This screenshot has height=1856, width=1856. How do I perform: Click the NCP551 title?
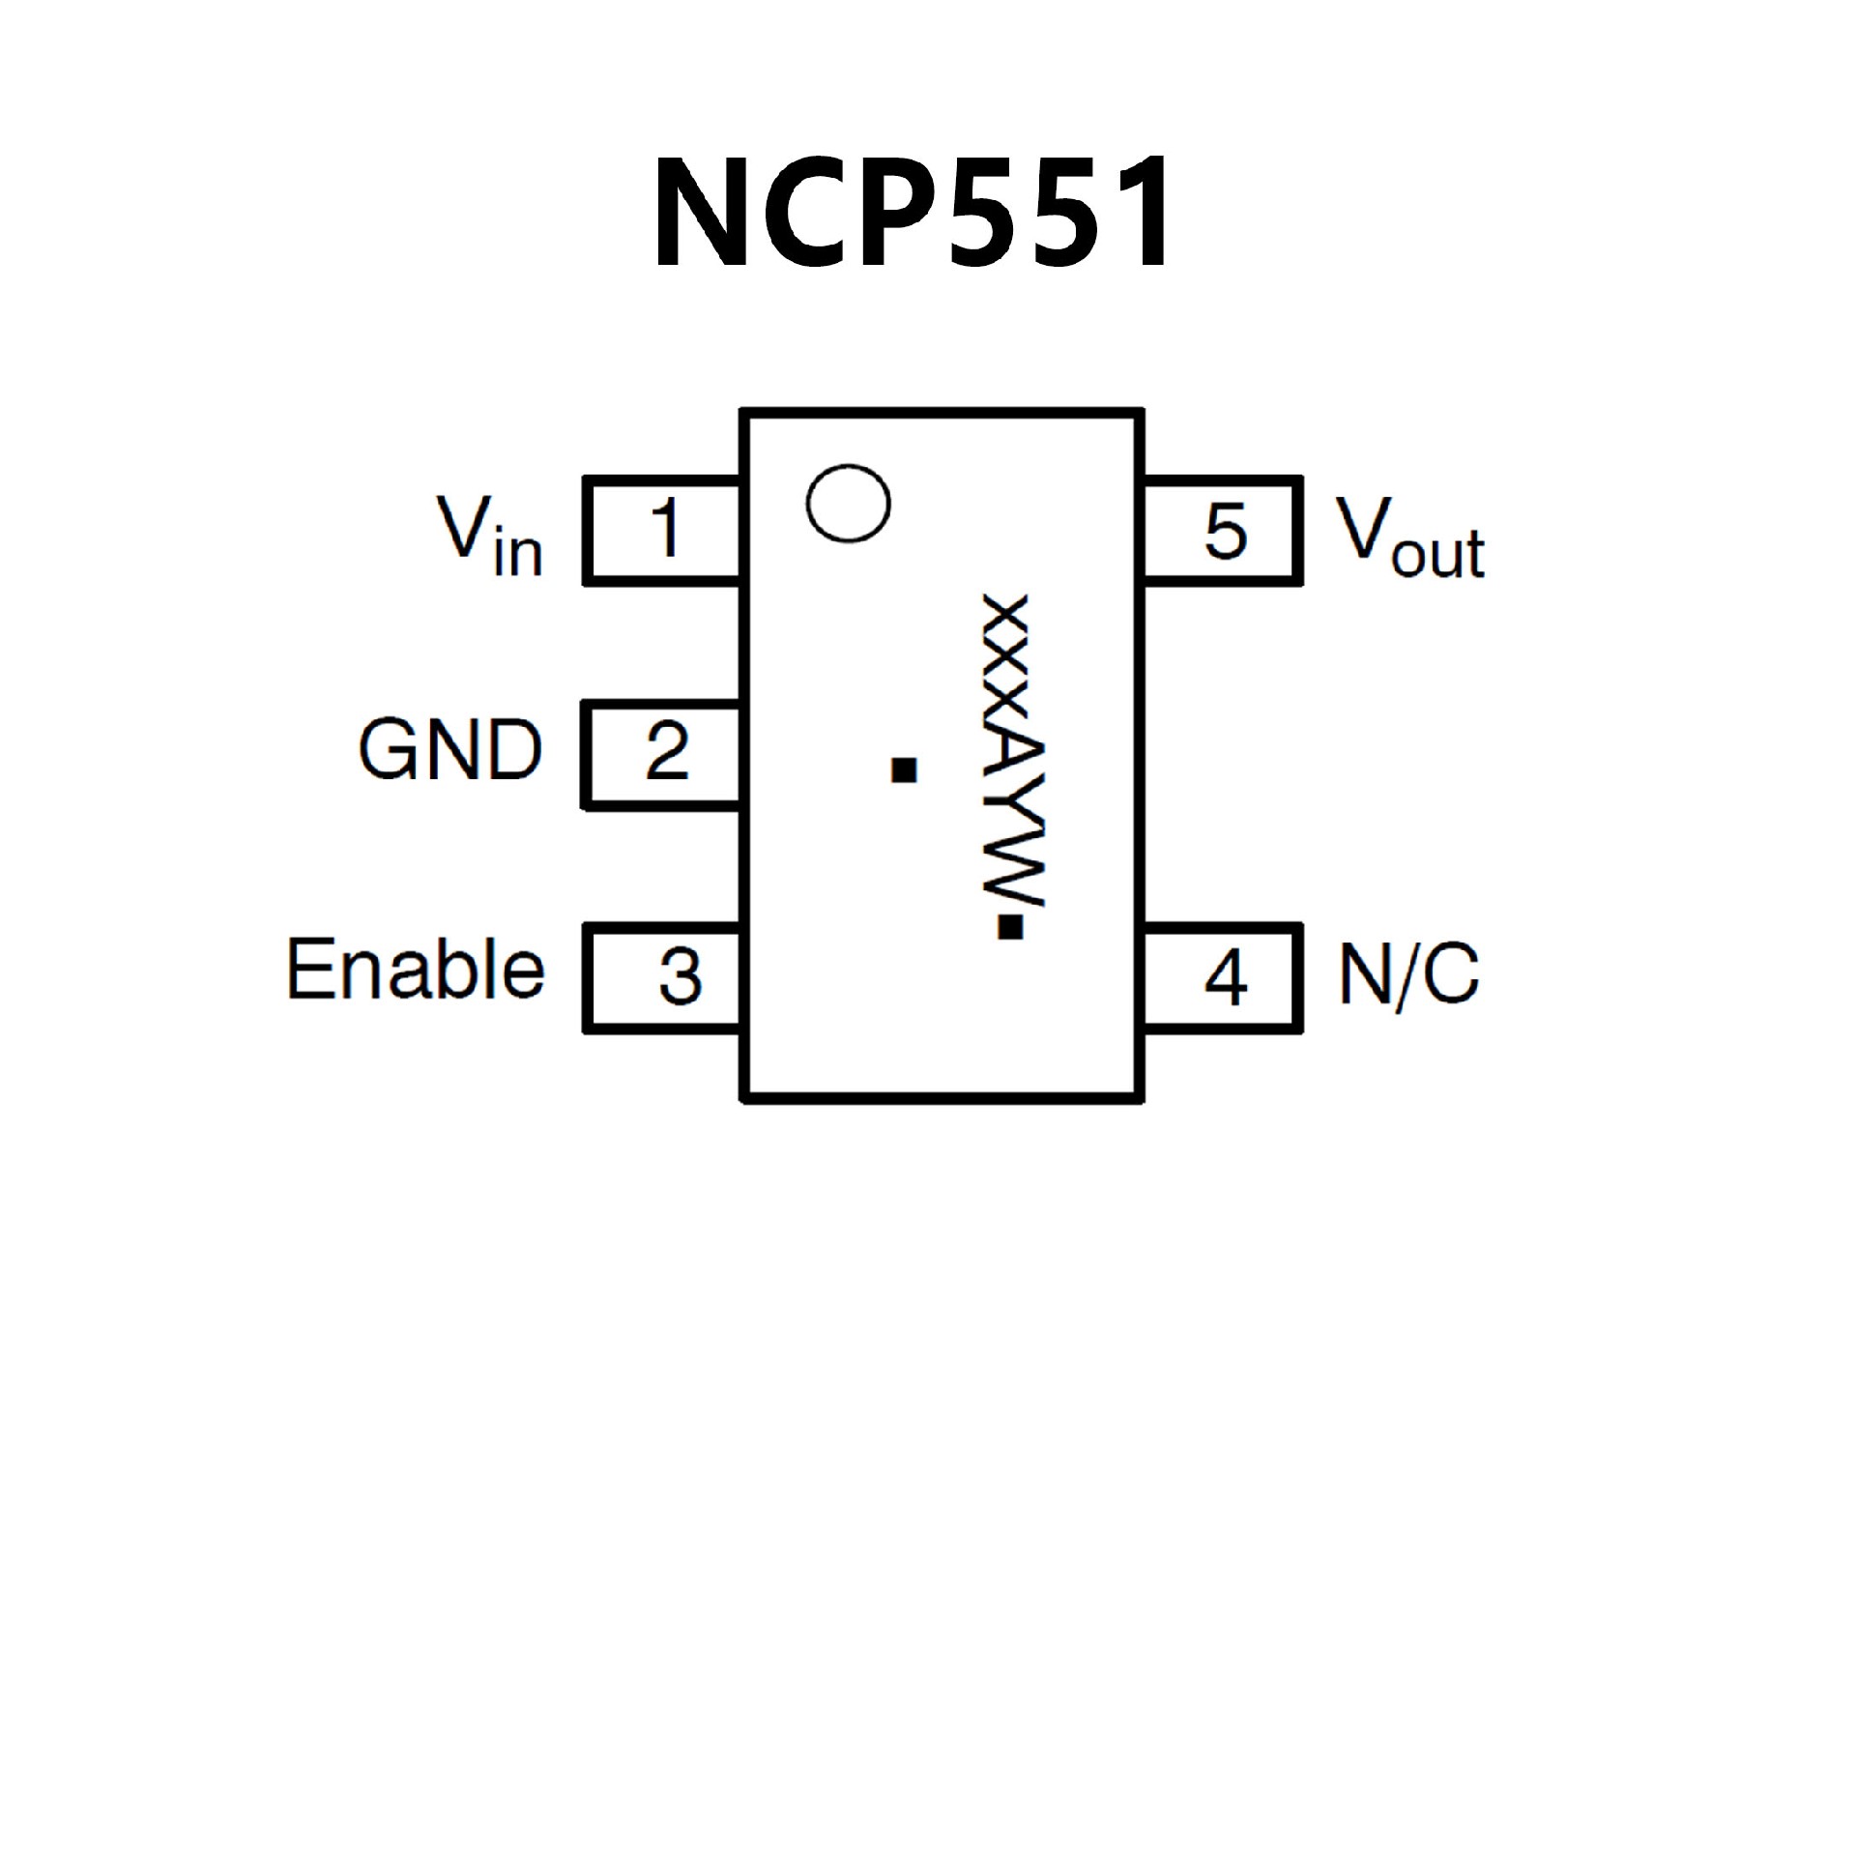[x=913, y=214]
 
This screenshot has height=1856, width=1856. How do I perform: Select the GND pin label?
[x=450, y=750]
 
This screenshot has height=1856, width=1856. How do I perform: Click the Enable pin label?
[x=416, y=969]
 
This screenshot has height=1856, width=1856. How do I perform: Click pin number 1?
[x=666, y=529]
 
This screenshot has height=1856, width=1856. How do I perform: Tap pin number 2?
[x=667, y=751]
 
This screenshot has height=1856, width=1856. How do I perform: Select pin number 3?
[x=680, y=976]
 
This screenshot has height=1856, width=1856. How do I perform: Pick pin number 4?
[x=1225, y=977]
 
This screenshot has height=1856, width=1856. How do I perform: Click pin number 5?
[x=1225, y=532]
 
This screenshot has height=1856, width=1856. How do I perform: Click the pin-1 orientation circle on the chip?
[x=848, y=504]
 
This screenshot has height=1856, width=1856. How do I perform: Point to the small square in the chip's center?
[x=904, y=769]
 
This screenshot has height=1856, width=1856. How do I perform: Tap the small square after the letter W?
[x=1010, y=927]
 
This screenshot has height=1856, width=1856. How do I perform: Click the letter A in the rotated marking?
[x=1011, y=760]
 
